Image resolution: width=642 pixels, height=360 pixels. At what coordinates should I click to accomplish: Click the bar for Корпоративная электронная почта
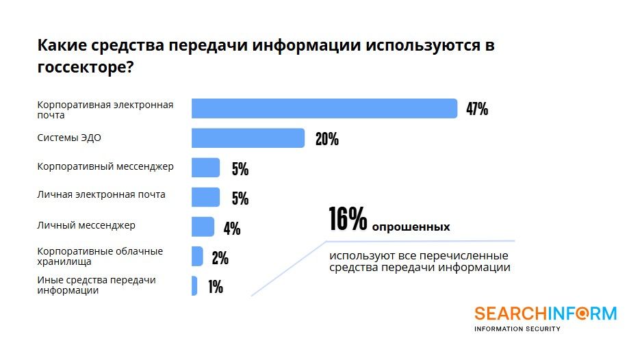coord(324,109)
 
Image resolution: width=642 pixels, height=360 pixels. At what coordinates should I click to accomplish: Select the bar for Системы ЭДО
coord(248,138)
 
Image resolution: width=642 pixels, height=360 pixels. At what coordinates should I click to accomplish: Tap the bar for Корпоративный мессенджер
coord(205,168)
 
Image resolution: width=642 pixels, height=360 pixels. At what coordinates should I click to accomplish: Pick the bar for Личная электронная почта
coord(205,197)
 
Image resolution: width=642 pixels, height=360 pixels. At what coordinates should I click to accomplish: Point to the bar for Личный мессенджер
coord(203,227)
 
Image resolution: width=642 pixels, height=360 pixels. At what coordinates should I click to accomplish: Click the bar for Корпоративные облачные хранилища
coord(197,256)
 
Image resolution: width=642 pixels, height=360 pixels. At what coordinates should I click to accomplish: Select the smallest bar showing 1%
coord(194,285)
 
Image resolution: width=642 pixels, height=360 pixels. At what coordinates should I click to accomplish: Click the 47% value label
coord(477,110)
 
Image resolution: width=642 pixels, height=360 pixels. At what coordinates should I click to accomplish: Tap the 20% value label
coord(326,140)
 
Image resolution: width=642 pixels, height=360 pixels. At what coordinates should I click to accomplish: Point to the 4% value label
coord(232,229)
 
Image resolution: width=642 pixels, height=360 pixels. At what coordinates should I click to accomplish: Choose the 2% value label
coord(220,258)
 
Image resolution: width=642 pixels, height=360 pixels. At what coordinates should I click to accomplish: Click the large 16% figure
coord(348,219)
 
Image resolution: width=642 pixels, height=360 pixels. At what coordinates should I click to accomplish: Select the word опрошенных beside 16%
coord(411,227)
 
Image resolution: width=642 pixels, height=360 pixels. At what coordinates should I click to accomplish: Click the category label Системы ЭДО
coord(69,138)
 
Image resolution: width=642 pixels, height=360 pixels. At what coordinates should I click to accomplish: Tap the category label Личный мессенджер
coord(86,224)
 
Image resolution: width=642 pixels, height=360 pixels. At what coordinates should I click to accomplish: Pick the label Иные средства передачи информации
coord(97,285)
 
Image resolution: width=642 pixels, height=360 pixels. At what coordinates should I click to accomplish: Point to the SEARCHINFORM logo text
coord(545,313)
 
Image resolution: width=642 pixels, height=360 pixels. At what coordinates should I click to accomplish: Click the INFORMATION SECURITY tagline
coord(517,329)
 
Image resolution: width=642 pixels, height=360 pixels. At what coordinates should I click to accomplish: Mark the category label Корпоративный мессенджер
coord(105,166)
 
